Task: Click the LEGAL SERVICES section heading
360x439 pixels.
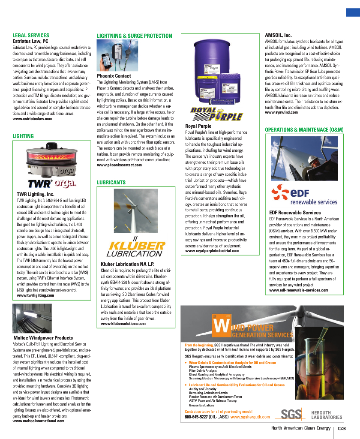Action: [31, 36]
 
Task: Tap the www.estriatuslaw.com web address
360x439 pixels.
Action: [33, 118]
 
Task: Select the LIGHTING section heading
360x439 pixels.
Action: [23, 136]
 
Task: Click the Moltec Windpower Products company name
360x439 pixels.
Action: [43, 338]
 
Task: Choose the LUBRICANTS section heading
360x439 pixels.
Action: [111, 182]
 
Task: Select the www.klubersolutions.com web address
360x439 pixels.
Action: [123, 324]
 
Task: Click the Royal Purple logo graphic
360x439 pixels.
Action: [217, 114]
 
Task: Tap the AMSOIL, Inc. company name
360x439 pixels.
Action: [278, 35]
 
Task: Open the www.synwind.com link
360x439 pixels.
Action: [281, 112]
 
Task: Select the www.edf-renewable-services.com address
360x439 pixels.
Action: [298, 290]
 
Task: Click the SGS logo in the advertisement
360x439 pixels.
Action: [289, 414]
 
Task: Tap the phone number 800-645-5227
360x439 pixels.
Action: [196, 417]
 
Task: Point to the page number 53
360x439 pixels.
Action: [342, 428]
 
